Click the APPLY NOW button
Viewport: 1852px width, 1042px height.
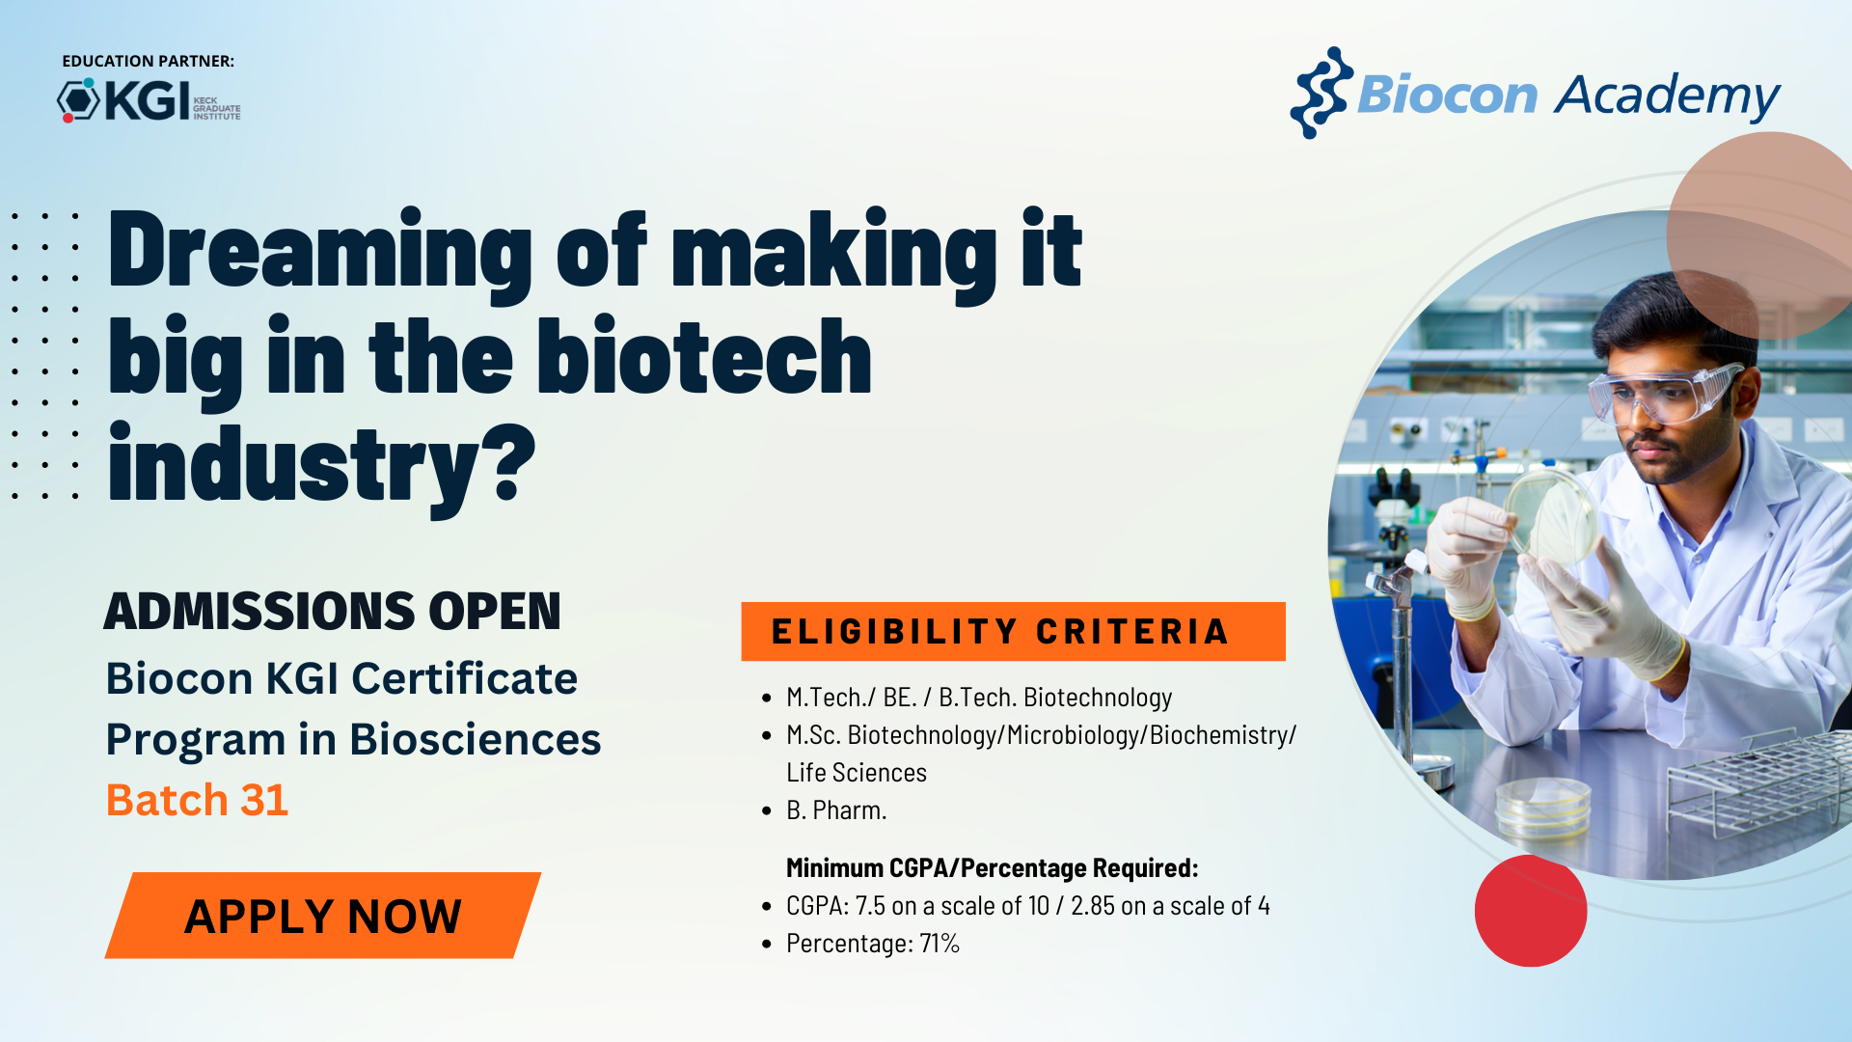pyautogui.click(x=323, y=916)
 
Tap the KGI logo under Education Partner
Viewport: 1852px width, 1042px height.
pyautogui.click(x=149, y=100)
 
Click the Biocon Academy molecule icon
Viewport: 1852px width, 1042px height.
pyautogui.click(x=1321, y=93)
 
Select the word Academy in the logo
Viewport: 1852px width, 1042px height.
pyautogui.click(x=1667, y=97)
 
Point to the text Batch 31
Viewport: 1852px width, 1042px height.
pyautogui.click(x=197, y=800)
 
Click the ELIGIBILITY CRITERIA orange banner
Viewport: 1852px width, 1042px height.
pyautogui.click(x=1013, y=631)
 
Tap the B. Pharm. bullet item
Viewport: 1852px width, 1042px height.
pyautogui.click(x=836, y=810)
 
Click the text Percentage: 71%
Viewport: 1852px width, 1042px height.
pyautogui.click(x=872, y=944)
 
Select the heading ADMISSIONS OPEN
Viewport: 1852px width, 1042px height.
pyautogui.click(x=332, y=611)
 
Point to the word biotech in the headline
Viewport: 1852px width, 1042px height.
pyautogui.click(x=704, y=357)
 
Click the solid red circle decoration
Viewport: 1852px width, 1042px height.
pyautogui.click(x=1531, y=910)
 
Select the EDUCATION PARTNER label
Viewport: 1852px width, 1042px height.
pyautogui.click(x=148, y=61)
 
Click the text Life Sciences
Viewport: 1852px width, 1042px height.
pyautogui.click(x=857, y=773)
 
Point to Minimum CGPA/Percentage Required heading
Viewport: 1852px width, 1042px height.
pyautogui.click(x=993, y=868)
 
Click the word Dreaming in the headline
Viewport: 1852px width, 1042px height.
pyautogui.click(x=320, y=251)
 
